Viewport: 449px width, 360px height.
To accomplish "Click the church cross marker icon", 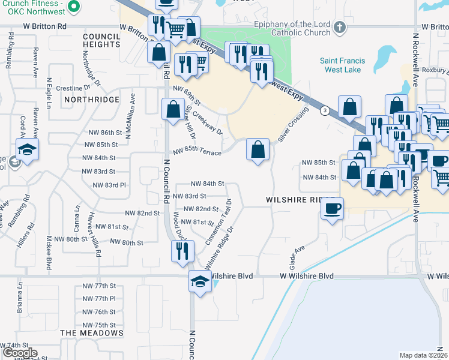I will click(339, 27).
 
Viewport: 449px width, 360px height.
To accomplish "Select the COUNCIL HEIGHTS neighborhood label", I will click(101, 40).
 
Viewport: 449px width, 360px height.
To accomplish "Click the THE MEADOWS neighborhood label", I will click(92, 332).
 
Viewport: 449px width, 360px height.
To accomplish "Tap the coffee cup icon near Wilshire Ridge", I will click(331, 209).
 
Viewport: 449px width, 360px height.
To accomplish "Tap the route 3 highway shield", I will click(324, 110).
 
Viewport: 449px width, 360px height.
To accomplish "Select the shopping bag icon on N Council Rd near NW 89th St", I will click(173, 110).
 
